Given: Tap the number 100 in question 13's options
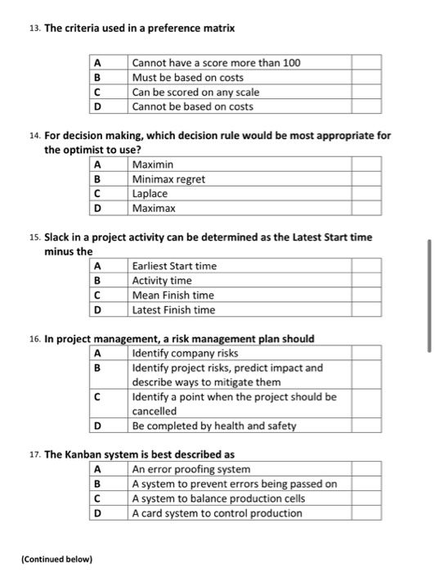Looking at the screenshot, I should pyautogui.click(x=291, y=62).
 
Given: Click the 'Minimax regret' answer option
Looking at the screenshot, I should pyautogui.click(x=168, y=179).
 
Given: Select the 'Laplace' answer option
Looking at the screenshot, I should pyautogui.click(x=150, y=194).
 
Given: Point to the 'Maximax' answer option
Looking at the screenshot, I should pyautogui.click(x=154, y=209).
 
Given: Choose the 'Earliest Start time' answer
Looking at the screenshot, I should pyautogui.click(x=174, y=266).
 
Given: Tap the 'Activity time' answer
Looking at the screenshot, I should pyautogui.click(x=162, y=281).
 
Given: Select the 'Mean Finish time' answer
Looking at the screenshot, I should pyautogui.click(x=173, y=296).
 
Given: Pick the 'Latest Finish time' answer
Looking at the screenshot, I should pyautogui.click(x=173, y=310).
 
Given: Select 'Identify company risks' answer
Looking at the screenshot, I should pyautogui.click(x=185, y=353).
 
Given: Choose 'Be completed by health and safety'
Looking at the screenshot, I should pyautogui.click(x=213, y=426).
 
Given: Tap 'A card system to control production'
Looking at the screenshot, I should pyautogui.click(x=217, y=513).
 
